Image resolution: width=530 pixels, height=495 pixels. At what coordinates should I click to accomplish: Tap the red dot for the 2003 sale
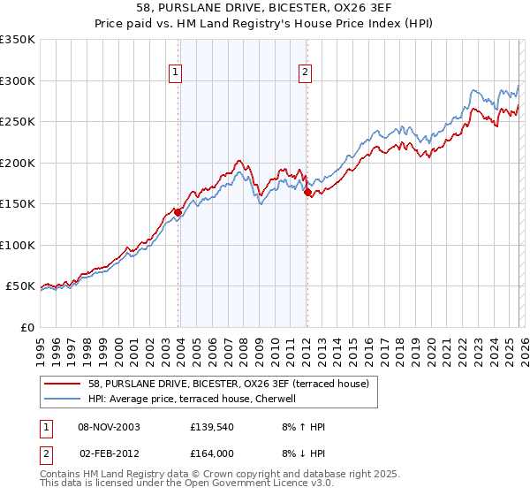(178, 212)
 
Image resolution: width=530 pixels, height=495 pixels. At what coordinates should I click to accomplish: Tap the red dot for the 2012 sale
(307, 192)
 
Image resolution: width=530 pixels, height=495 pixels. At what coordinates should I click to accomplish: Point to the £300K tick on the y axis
(18, 80)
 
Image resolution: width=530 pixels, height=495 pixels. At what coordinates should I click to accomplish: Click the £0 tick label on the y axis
(28, 327)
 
